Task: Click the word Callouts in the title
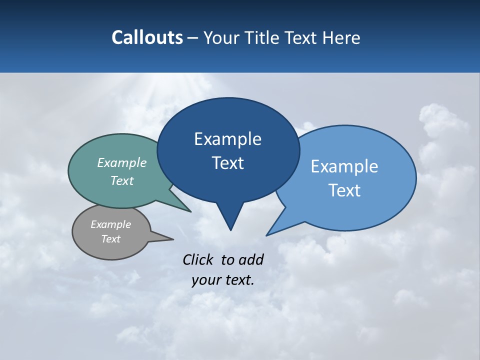coord(147,37)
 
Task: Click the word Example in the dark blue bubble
coord(227,139)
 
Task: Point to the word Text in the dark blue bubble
coord(227,163)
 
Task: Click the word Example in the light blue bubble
coord(344,166)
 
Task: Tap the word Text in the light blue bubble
coord(344,190)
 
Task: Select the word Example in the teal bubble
coord(122,163)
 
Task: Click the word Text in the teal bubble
coord(122,180)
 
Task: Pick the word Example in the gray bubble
coord(111,224)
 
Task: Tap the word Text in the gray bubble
coord(111,239)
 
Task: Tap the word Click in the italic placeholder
coord(197,259)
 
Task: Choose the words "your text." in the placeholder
coord(223,280)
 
